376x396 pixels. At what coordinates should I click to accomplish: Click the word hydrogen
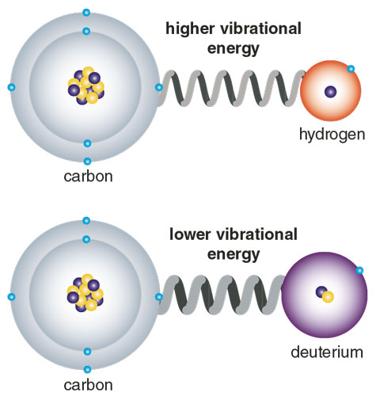[332, 135]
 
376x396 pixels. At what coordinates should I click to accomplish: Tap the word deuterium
[327, 352]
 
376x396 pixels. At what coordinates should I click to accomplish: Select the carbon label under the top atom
[88, 176]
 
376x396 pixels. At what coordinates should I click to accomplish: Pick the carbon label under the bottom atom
[88, 385]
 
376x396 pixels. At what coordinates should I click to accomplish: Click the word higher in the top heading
[190, 29]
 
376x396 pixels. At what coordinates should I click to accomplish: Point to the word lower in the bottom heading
[190, 234]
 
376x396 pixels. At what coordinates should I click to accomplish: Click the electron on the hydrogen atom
[351, 69]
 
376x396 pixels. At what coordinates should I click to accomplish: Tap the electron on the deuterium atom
[359, 270]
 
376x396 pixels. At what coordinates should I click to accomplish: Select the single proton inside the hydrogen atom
[331, 92]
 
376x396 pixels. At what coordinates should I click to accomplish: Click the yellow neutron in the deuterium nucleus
[328, 297]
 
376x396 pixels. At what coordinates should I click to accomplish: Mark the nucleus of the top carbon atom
[86, 86]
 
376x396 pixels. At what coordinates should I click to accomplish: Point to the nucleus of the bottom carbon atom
[85, 293]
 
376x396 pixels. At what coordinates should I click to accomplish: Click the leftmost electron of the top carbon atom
[11, 87]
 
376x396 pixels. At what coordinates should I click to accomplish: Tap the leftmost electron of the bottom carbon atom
[11, 297]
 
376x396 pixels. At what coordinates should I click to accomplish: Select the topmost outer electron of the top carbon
[86, 13]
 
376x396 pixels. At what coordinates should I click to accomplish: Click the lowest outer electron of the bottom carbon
[87, 369]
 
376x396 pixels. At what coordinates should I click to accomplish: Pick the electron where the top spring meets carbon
[159, 87]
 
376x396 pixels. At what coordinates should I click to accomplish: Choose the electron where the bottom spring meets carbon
[159, 297]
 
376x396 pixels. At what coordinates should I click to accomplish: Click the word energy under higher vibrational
[234, 49]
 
